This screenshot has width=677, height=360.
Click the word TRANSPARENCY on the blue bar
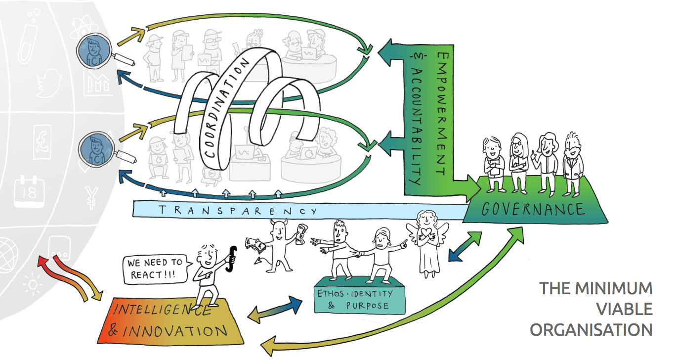[238, 210]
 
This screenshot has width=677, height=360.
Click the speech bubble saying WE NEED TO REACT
[155, 269]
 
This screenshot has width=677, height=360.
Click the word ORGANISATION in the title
[591, 330]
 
